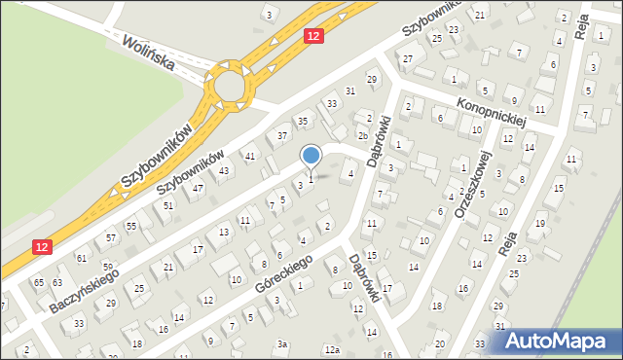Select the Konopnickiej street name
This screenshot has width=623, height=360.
pyautogui.click(x=492, y=105)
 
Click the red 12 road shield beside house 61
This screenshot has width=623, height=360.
pyautogui.click(x=40, y=250)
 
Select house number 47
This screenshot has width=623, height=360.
pyautogui.click(x=198, y=188)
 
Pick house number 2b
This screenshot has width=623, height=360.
pyautogui.click(x=362, y=135)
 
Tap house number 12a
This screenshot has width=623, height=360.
pyautogui.click(x=333, y=349)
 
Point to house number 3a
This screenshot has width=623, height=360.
pyautogui.click(x=282, y=343)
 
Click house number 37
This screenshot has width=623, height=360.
pyautogui.click(x=282, y=135)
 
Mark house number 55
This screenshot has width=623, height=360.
pyautogui.click(x=131, y=226)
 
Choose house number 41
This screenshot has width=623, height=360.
pyautogui.click(x=250, y=156)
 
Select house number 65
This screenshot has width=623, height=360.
pyautogui.click(x=39, y=282)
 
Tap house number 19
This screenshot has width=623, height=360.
pyautogui.click(x=540, y=224)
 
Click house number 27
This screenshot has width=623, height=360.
pyautogui.click(x=408, y=59)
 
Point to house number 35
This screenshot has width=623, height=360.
pyautogui.click(x=303, y=122)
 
